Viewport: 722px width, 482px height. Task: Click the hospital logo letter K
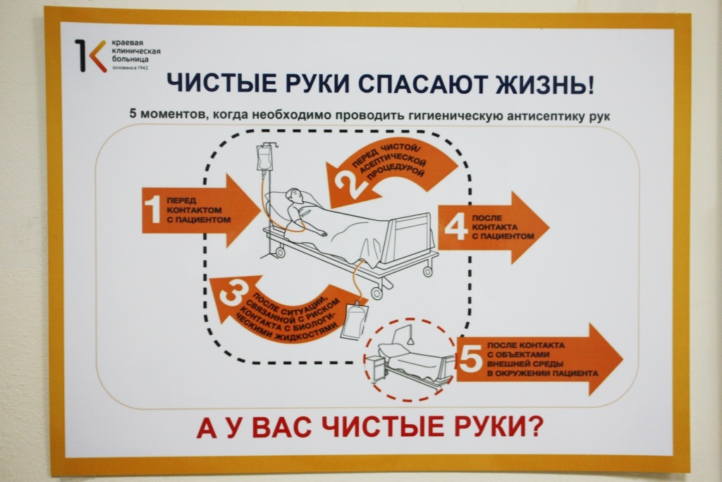90,55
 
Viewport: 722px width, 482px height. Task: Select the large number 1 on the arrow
152,210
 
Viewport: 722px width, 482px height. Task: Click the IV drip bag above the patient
266,157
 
